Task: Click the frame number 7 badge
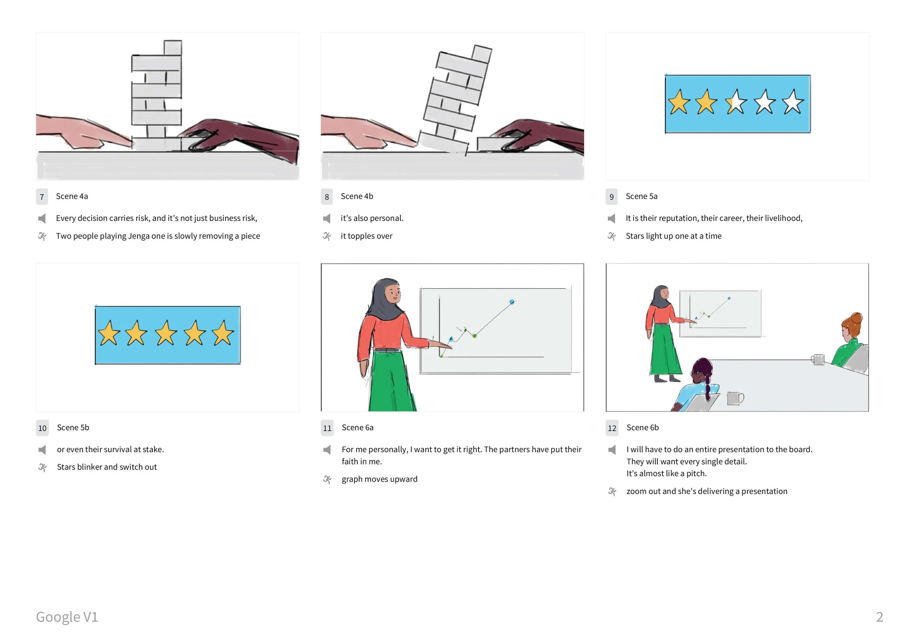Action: [x=42, y=197]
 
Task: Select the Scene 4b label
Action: [x=357, y=196]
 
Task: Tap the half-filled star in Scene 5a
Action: [x=736, y=103]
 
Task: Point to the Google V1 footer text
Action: [x=67, y=617]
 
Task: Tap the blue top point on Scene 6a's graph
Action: [x=512, y=302]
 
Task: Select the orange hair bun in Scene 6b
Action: [x=856, y=318]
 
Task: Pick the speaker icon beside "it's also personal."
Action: [x=327, y=218]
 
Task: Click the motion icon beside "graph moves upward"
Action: [x=327, y=480]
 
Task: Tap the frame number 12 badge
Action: [x=612, y=428]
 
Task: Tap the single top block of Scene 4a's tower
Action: [x=173, y=48]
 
